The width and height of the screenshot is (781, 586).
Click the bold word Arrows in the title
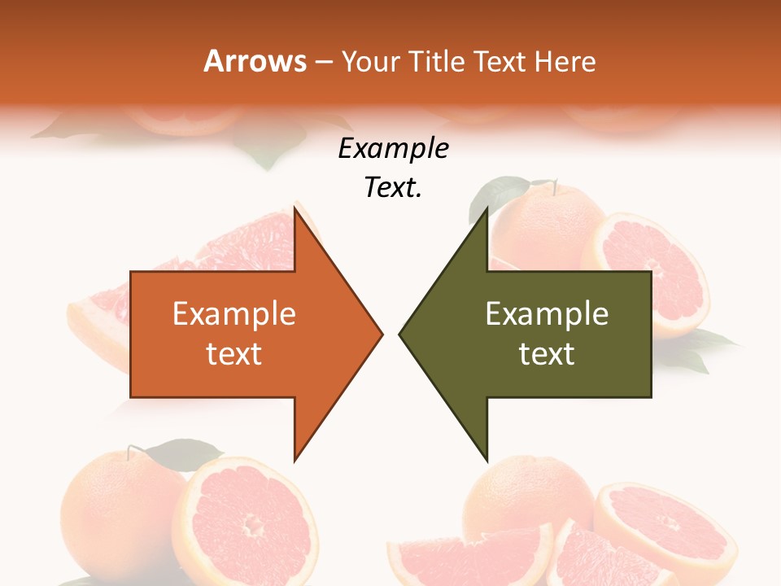click(255, 61)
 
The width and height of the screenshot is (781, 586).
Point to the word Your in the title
click(371, 61)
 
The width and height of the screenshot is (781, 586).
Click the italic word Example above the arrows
click(394, 149)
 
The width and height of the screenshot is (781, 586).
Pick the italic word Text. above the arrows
click(394, 188)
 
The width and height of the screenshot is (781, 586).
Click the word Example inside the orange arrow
click(234, 314)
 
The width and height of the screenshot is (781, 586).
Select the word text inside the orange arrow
click(234, 354)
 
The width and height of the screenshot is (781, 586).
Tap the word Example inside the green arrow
click(547, 314)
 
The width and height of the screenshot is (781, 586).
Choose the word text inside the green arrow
click(547, 354)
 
